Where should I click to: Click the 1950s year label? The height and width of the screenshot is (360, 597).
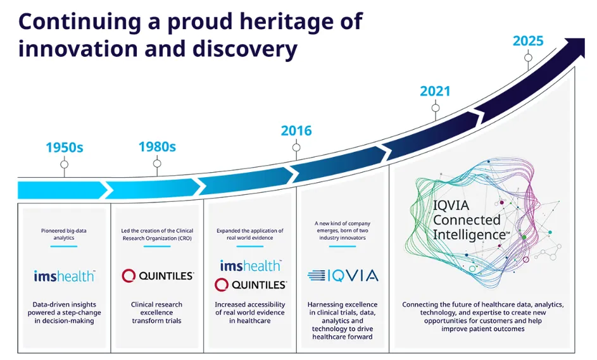click(65, 147)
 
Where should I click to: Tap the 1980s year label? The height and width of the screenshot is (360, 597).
click(157, 147)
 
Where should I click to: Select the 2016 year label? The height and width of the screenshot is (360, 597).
click(296, 131)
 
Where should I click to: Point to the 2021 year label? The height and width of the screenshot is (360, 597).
click(435, 91)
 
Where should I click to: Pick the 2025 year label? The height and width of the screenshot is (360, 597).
click(528, 41)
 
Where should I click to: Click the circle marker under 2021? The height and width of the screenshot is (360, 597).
click(436, 108)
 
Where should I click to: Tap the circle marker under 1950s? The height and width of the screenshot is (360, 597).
click(65, 164)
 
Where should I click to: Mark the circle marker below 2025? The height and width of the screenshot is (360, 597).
click(528, 58)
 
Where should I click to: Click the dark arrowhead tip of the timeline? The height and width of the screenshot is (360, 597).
click(584, 39)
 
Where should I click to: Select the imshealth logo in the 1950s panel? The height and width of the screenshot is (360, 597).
click(65, 276)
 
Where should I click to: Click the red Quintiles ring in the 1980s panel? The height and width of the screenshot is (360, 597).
click(129, 275)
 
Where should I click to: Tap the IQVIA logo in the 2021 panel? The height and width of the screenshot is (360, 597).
click(342, 275)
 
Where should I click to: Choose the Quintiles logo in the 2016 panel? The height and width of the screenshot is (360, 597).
click(250, 285)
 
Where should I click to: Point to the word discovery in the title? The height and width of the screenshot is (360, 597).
click(245, 50)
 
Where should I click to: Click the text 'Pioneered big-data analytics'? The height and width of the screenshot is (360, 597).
click(64, 234)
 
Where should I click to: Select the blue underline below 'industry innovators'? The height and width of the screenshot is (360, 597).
click(342, 247)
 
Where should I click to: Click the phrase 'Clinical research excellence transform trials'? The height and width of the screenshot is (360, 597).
click(156, 313)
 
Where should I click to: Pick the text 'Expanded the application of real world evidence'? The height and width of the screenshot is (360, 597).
click(250, 234)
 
